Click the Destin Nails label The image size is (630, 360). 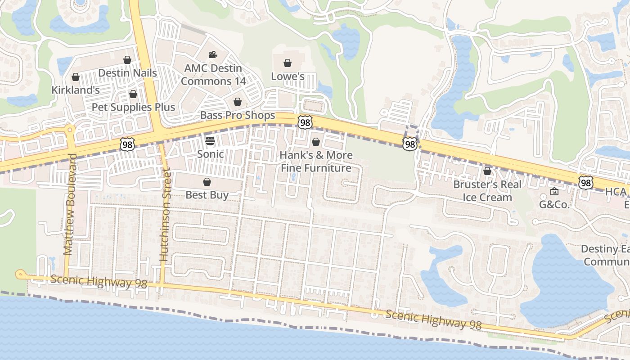coord(127,73)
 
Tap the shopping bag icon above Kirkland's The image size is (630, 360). coord(76,77)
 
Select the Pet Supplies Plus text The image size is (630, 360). coord(133,107)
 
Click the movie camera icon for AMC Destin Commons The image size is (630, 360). coord(213,55)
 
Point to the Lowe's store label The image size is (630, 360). coord(288,76)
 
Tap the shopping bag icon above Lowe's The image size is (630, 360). coord(287,63)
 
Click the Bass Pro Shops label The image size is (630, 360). coord(237,115)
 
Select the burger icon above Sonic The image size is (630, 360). coord(210,141)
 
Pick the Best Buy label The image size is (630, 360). coord(207,195)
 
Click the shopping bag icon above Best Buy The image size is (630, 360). coord(207,182)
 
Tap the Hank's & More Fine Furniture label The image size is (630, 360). coord(316,162)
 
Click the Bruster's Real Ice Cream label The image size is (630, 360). coord(487,191)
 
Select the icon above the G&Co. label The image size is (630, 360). coord(554,192)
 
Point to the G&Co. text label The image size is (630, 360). coord(554,205)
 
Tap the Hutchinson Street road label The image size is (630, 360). coord(165,215)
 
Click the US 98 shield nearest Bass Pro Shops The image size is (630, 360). coord(305,122)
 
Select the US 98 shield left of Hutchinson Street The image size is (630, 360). coord(127,144)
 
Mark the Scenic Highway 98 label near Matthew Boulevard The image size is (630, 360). coord(99,282)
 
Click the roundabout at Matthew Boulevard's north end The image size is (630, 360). coord(70,130)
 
